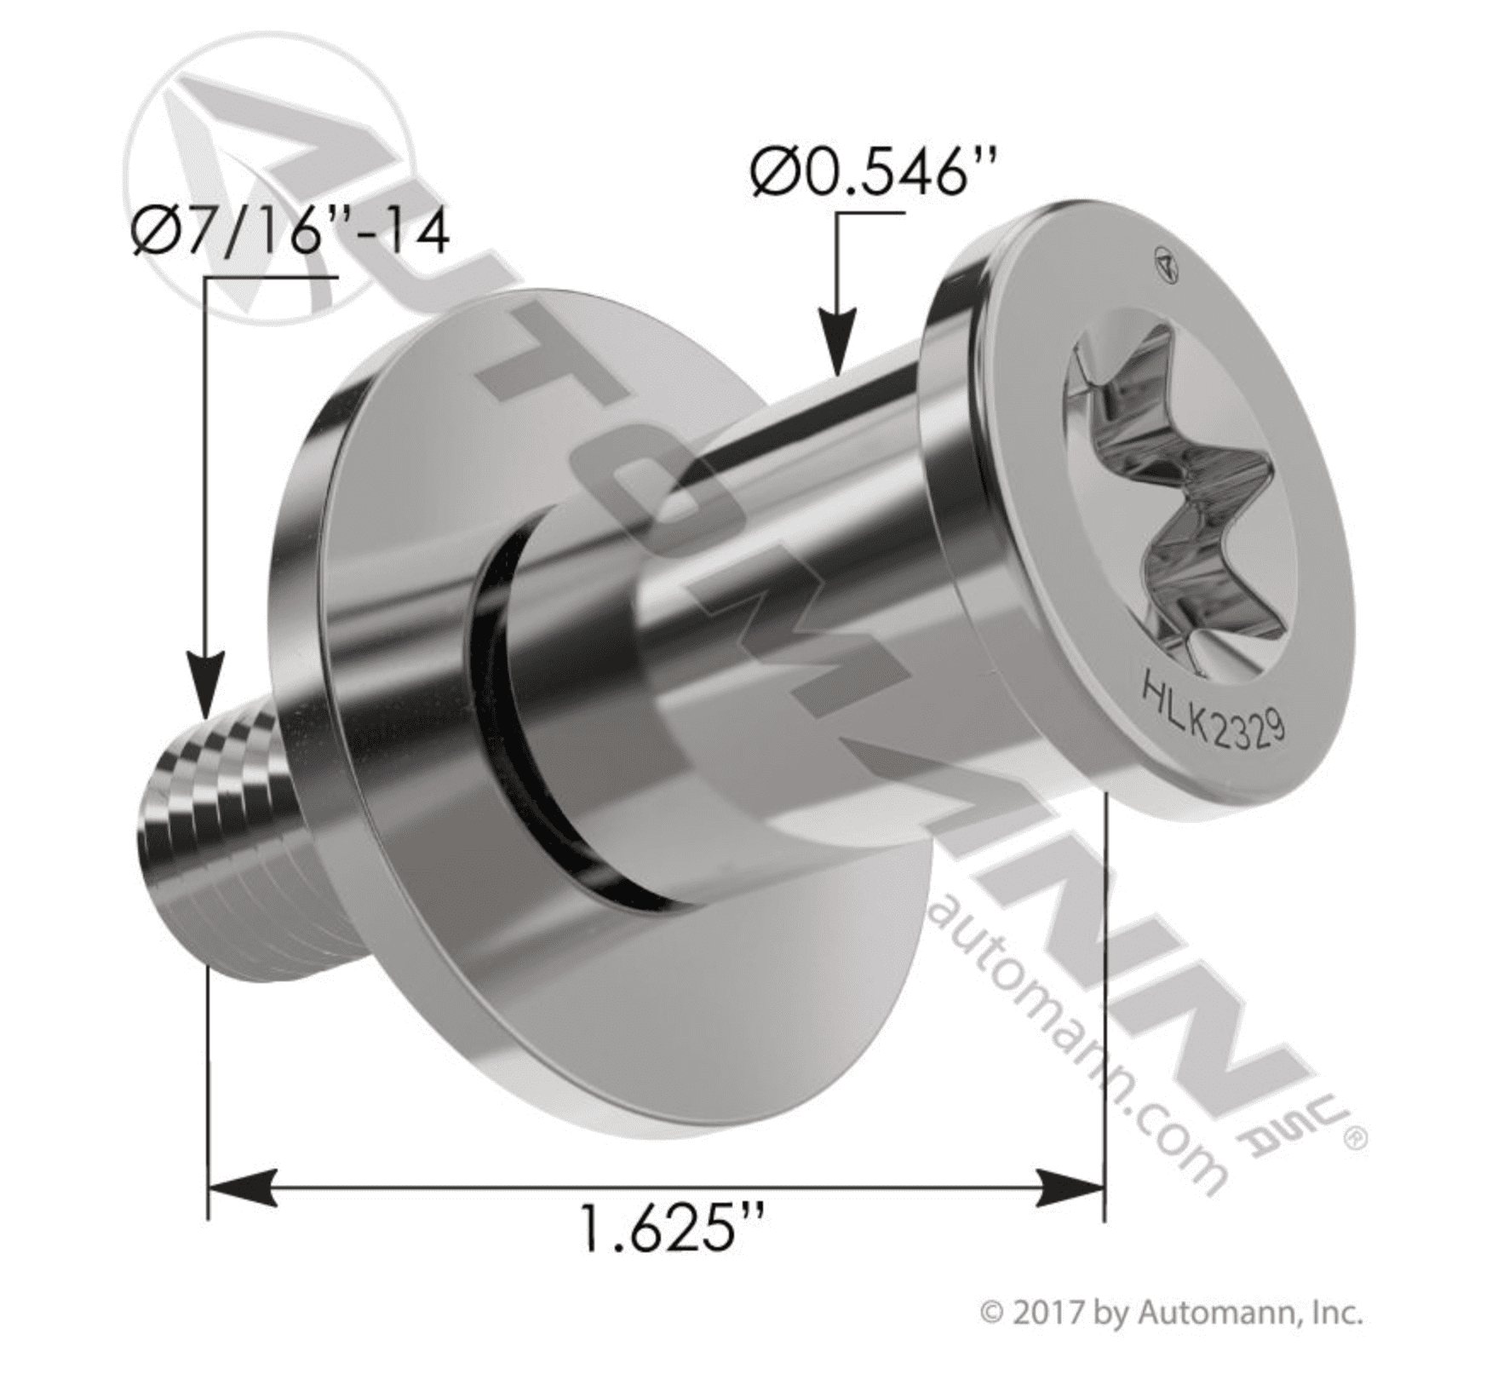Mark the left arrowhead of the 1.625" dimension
243,1187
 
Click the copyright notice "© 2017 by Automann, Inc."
1172,1337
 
